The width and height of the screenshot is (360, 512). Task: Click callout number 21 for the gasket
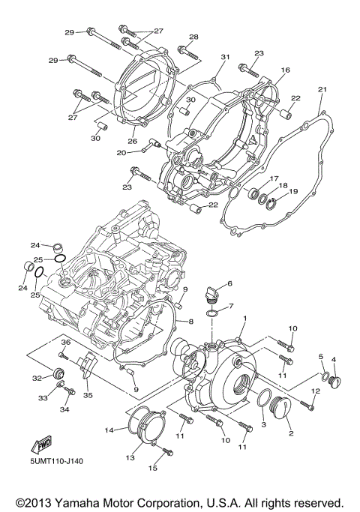(x=322, y=90)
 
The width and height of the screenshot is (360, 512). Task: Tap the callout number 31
(x=225, y=57)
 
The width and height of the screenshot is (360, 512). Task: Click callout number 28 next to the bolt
(x=193, y=37)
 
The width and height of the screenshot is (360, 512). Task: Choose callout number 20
(x=121, y=152)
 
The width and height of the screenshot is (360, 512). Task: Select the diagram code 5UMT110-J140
(x=57, y=460)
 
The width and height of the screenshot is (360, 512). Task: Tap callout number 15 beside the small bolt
(x=153, y=469)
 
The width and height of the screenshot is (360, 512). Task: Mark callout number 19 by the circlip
(x=293, y=192)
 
